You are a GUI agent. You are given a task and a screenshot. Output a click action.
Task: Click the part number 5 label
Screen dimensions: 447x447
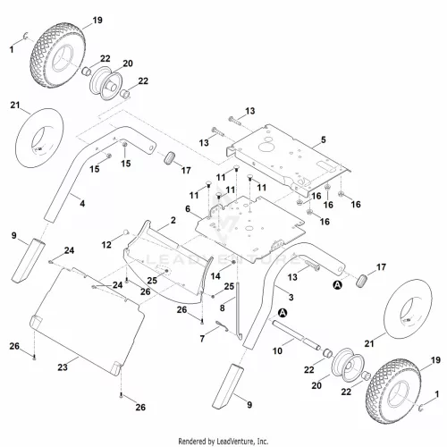pos(324,139)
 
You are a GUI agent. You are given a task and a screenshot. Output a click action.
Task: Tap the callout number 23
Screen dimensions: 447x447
pos(63,367)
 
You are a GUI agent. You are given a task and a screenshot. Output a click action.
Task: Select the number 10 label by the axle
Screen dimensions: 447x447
pos(277,350)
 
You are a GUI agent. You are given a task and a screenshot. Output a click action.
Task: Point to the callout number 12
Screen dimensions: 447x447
pos(106,245)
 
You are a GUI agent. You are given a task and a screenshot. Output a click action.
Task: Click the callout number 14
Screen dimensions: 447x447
pos(215,276)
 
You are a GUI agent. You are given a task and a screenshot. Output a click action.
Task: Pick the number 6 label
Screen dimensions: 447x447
pos(188,208)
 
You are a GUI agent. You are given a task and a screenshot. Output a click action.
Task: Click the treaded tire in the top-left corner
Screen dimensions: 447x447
pos(57,57)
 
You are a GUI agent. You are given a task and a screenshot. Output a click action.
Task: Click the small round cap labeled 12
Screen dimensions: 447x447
pos(126,232)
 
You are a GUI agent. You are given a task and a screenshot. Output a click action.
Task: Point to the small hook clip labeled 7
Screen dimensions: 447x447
pos(222,326)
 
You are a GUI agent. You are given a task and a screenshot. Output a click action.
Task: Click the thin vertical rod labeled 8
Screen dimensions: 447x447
pos(239,310)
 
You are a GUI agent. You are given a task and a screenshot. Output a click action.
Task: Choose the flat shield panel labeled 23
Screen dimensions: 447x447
pos(87,322)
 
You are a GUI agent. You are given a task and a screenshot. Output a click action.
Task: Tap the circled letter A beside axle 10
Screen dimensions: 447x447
pos(282,313)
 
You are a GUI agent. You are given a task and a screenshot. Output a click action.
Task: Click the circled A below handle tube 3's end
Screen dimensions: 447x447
pos(337,285)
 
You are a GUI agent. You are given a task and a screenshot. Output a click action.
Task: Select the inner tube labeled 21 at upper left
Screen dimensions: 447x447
pos(39,138)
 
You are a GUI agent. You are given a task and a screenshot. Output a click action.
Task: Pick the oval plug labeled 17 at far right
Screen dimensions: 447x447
pos(361,282)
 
